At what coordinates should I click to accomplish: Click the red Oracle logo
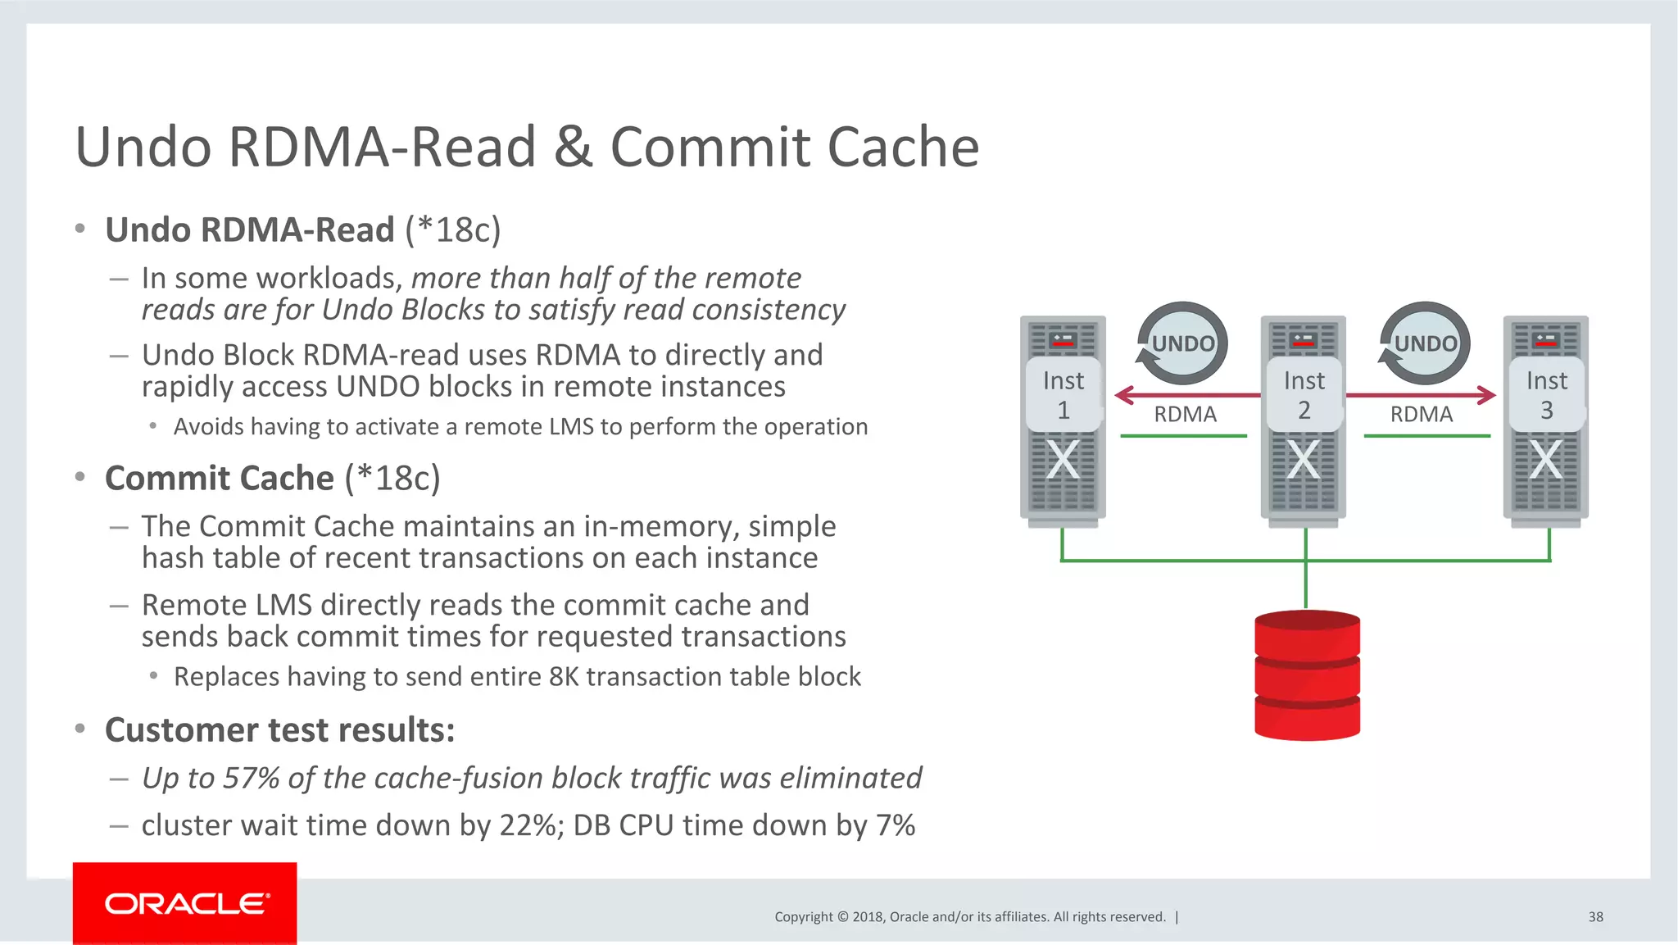184,903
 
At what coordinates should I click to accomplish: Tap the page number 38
1595,917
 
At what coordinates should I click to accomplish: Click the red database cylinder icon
1307,675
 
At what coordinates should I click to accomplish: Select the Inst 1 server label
1063,395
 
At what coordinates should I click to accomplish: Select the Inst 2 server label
1304,395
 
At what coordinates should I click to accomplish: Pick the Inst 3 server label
1546,395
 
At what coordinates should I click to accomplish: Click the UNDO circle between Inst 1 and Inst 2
1182,343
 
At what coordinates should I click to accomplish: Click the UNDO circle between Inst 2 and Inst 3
1425,343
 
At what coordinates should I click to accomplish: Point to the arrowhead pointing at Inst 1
1123,396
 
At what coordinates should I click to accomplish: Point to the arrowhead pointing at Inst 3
1487,396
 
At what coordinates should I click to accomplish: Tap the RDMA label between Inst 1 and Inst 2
1185,414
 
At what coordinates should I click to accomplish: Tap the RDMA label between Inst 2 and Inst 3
1422,414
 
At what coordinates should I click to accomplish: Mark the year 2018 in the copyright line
867,917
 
